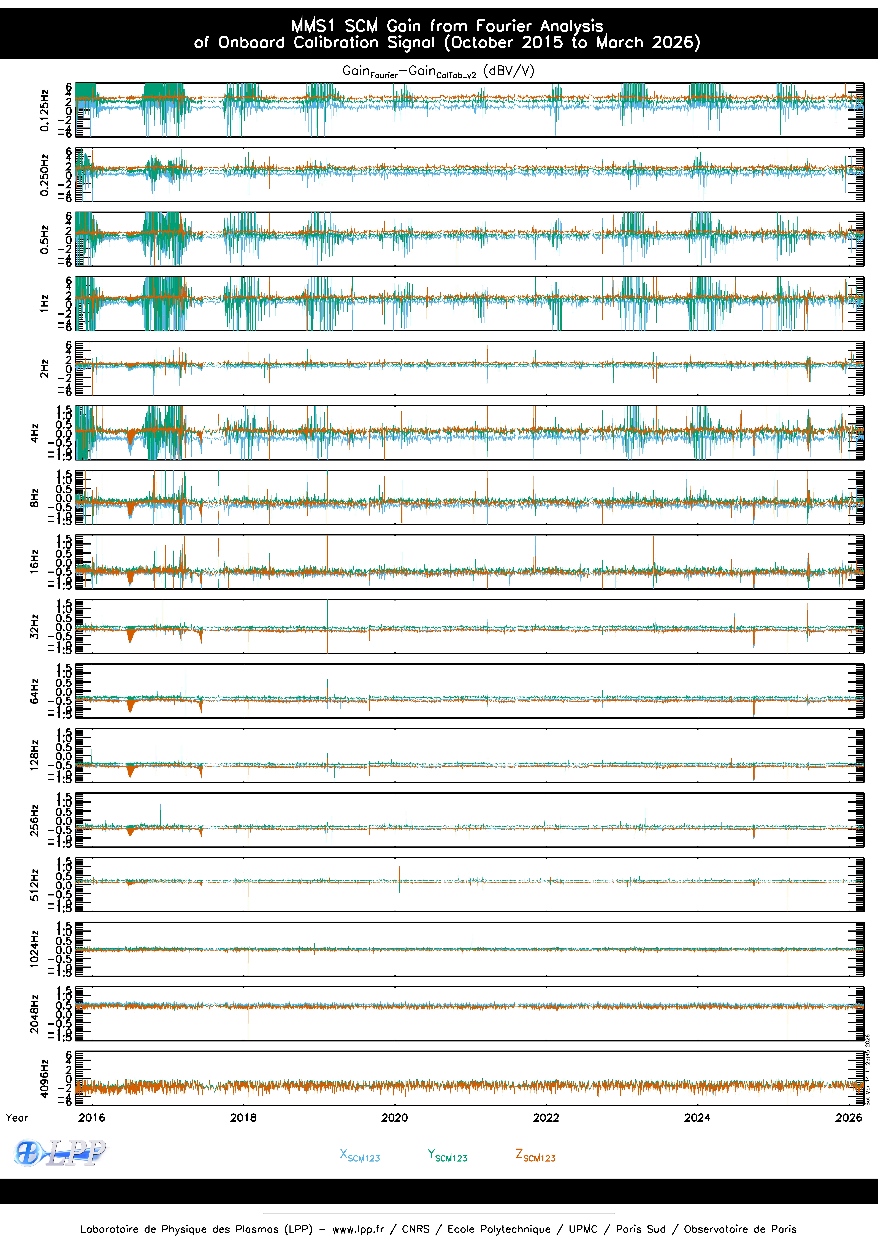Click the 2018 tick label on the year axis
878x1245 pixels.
[243, 1118]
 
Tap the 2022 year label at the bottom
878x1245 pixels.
[546, 1118]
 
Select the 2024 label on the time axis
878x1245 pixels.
[697, 1118]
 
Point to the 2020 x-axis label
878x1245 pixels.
[394, 1118]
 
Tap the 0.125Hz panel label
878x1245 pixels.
[44, 110]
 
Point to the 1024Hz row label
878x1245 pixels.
[34, 949]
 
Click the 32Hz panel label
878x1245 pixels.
[34, 626]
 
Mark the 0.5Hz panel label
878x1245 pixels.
[44, 239]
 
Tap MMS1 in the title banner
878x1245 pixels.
[313, 25]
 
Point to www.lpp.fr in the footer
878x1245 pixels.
[358, 1229]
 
